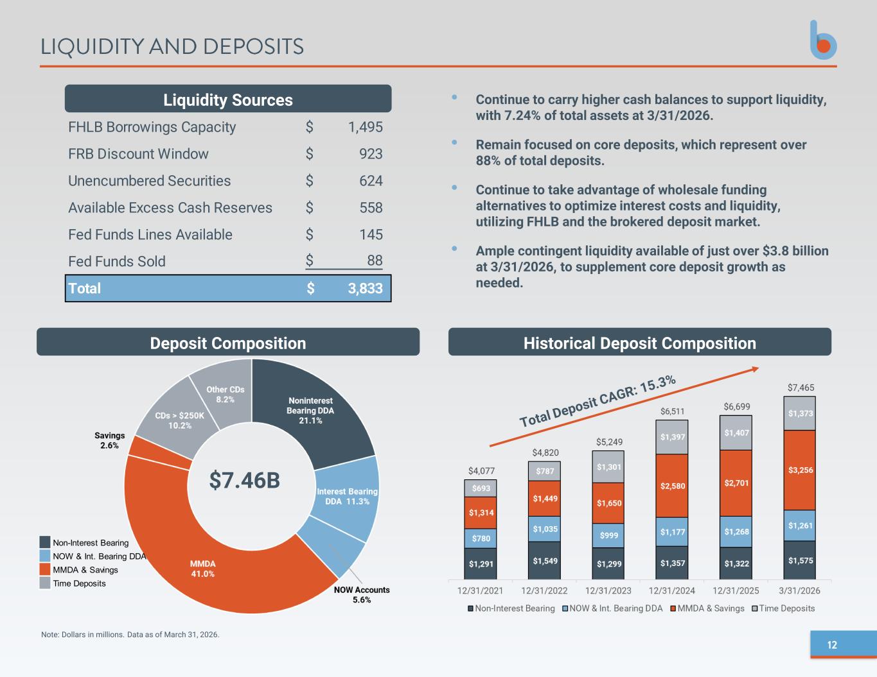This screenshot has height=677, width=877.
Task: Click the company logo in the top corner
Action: tap(823, 40)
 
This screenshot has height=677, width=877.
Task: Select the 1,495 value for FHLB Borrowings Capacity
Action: tap(365, 127)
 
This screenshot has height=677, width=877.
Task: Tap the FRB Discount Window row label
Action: tap(138, 153)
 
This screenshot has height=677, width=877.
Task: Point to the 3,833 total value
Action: tap(365, 288)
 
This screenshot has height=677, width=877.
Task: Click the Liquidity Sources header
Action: tap(228, 99)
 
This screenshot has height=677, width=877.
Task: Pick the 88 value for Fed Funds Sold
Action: tap(375, 261)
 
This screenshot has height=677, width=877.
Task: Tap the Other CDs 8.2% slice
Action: tap(226, 394)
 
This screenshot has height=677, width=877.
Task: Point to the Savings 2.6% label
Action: tap(109, 440)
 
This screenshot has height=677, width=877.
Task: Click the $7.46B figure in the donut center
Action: tap(245, 480)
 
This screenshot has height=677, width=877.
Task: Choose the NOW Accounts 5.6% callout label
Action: tap(362, 595)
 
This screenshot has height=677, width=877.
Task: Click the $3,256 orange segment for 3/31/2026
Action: tap(799, 470)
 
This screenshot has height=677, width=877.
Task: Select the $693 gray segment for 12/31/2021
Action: tap(481, 488)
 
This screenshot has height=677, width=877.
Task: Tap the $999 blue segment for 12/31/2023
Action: tap(608, 535)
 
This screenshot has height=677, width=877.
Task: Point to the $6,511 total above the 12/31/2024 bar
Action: tap(673, 411)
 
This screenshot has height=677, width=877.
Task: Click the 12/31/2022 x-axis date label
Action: tap(544, 591)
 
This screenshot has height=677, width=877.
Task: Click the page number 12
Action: tap(832, 645)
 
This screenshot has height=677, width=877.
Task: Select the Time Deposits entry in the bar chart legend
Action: tap(783, 608)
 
